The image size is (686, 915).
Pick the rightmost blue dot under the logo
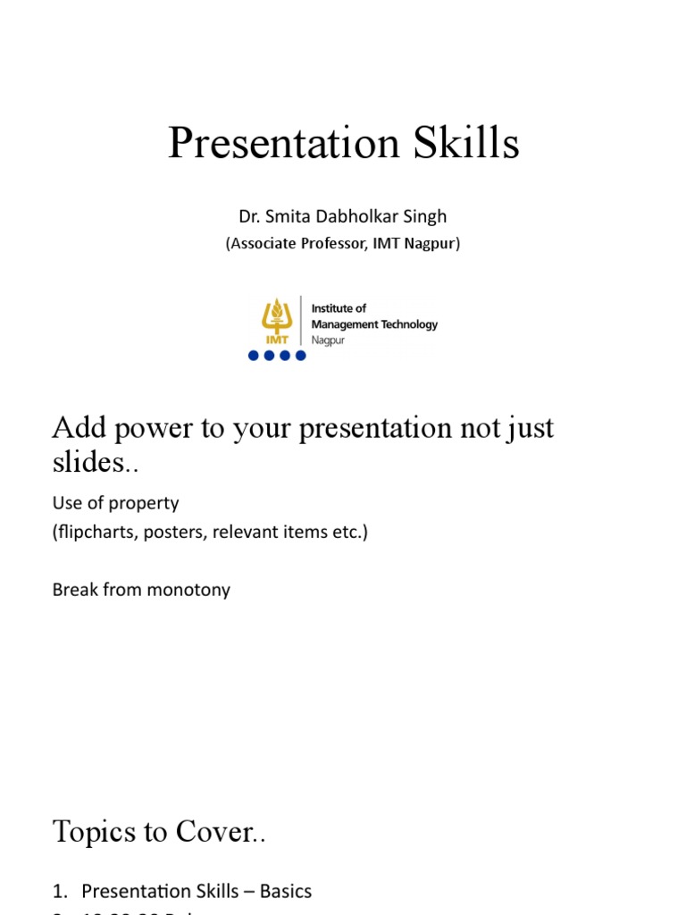[x=300, y=356]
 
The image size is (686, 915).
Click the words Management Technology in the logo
[x=374, y=324]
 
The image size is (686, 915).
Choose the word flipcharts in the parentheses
[x=94, y=533]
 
